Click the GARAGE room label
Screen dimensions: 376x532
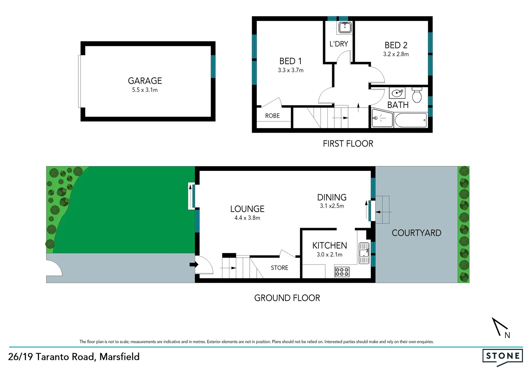click(x=145, y=81)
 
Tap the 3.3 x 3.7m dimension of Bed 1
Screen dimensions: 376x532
click(x=290, y=70)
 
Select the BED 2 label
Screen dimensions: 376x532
click(x=396, y=45)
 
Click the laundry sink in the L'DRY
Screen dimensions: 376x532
click(x=345, y=28)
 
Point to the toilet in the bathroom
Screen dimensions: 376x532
click(x=417, y=95)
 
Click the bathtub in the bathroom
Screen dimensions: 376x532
click(x=411, y=120)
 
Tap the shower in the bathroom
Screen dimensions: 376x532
click(x=382, y=118)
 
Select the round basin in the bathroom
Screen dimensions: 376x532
click(x=397, y=93)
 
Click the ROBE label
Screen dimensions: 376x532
click(x=272, y=116)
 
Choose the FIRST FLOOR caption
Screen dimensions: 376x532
click(x=348, y=144)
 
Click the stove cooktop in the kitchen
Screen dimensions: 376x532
click(x=342, y=272)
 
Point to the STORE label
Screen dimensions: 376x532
click(x=280, y=268)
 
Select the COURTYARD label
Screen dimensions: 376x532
click(x=416, y=233)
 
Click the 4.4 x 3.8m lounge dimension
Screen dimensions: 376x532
click(x=247, y=218)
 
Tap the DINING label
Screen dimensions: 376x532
click(x=332, y=197)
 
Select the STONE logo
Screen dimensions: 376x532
click(x=503, y=356)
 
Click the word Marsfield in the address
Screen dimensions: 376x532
click(x=119, y=357)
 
